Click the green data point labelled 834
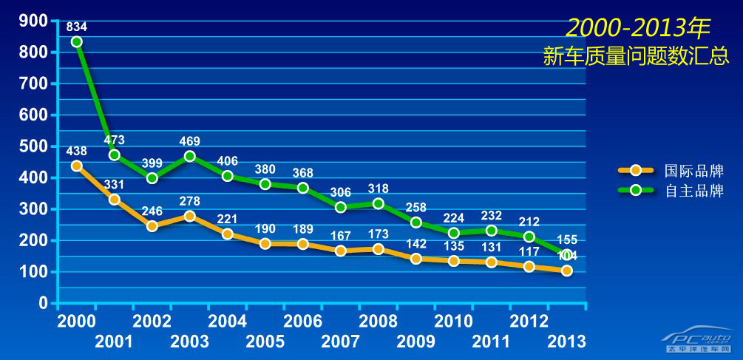point(77,41)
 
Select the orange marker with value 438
point(77,166)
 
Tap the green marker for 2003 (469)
point(190,156)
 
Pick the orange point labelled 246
point(152,226)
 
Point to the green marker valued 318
point(379,203)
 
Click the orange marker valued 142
point(416,259)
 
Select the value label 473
point(115,140)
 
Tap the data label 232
point(492,215)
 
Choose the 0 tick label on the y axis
point(43,303)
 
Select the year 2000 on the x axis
point(76,322)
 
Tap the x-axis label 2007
point(341,342)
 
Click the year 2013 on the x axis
point(566,342)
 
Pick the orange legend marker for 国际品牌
point(635,171)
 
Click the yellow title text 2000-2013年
point(637,28)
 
